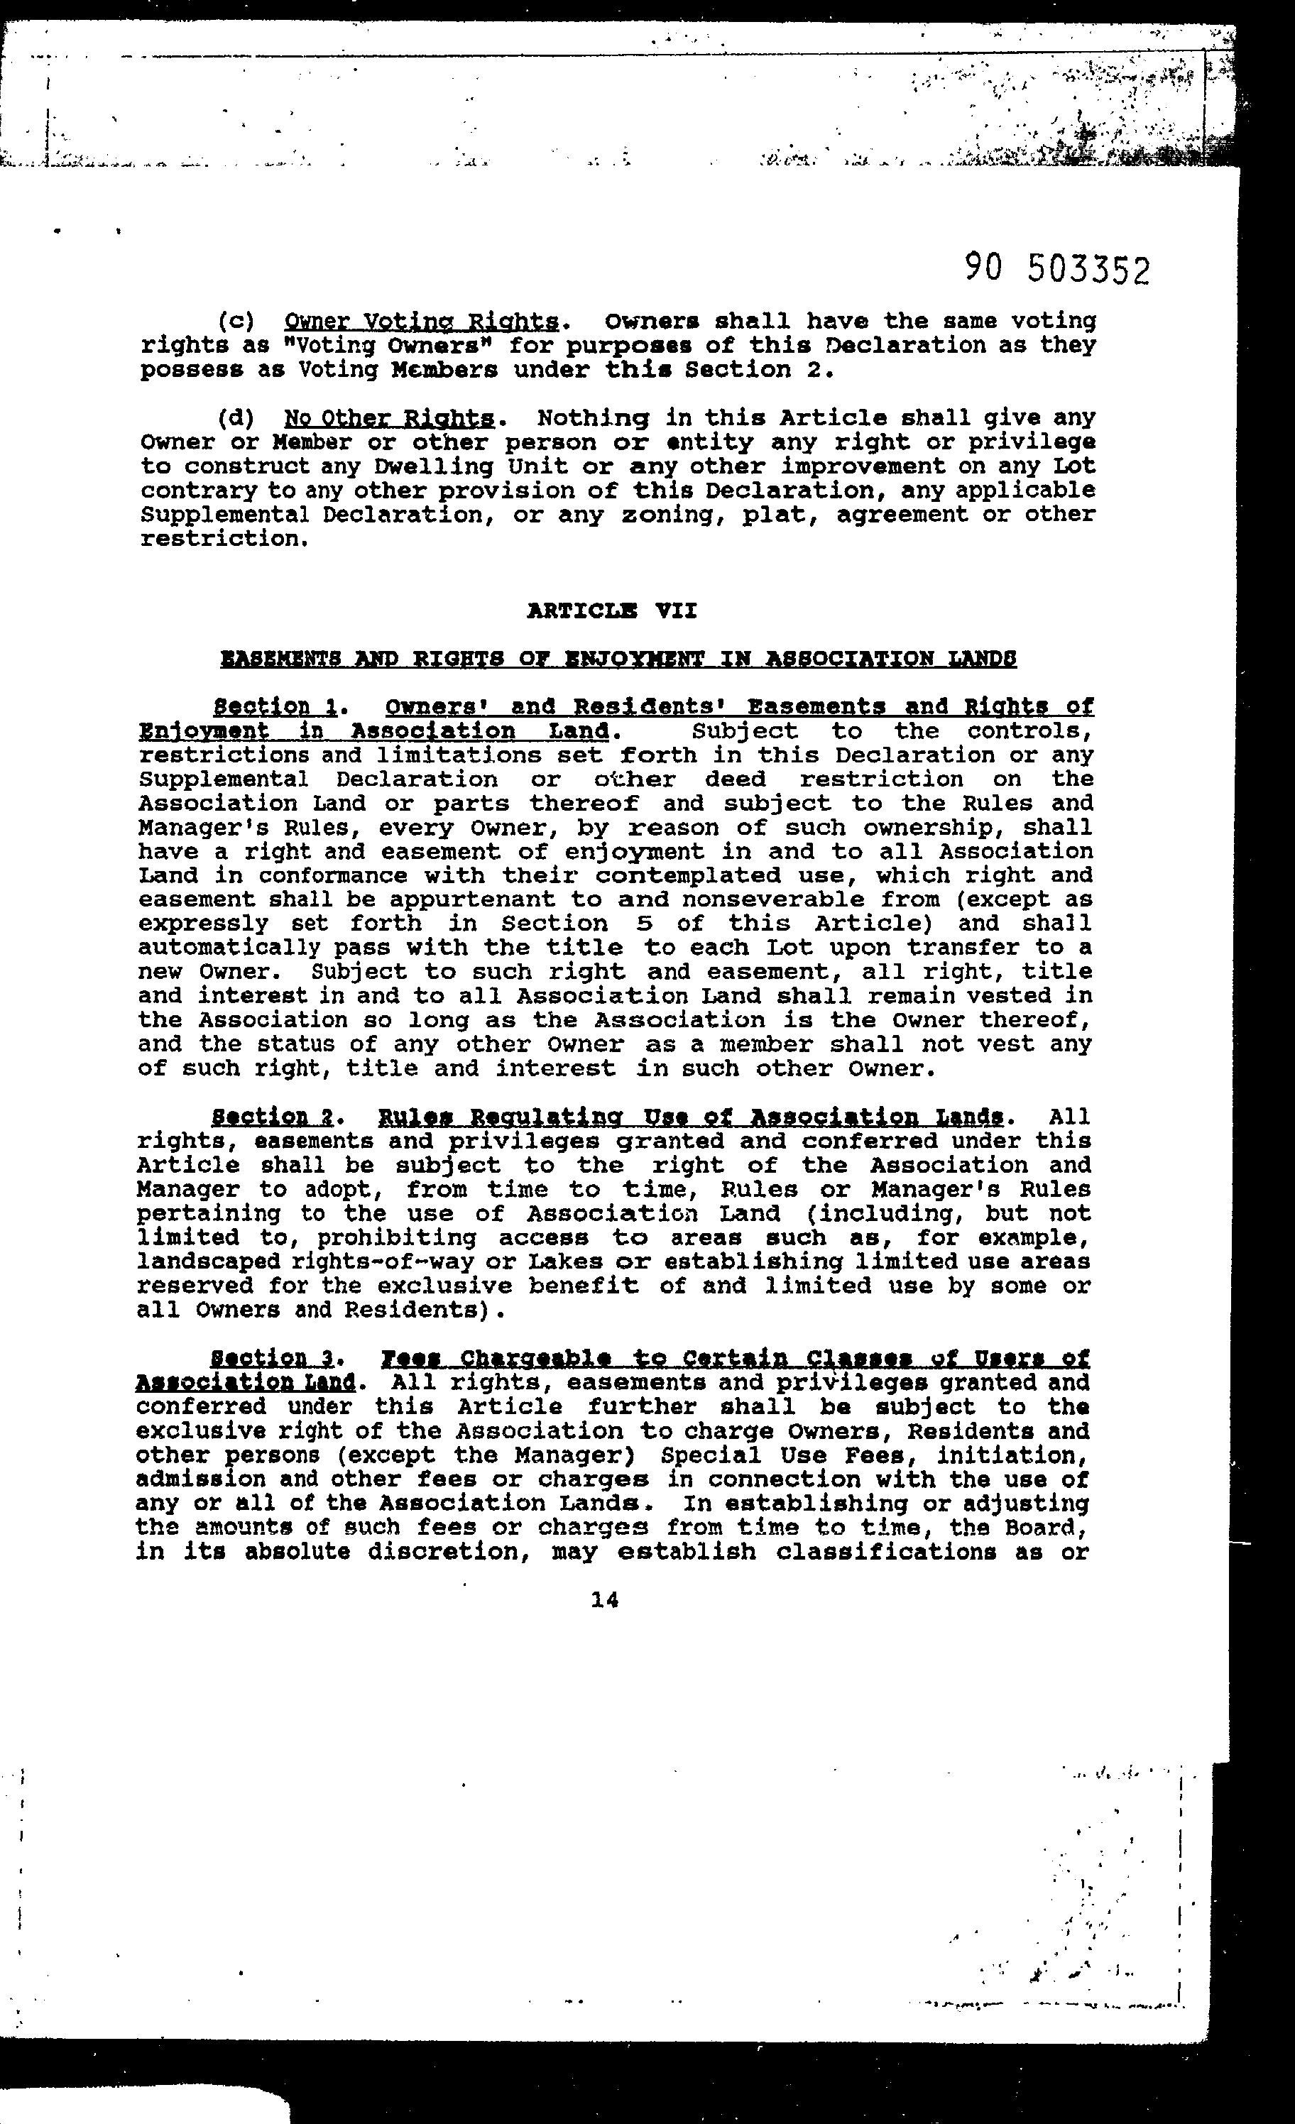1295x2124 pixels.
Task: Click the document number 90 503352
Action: pos(1057,270)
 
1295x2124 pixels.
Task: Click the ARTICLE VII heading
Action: pos(611,611)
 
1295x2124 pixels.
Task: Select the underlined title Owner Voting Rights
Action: pos(421,322)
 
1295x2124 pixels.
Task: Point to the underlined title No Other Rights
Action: pos(389,419)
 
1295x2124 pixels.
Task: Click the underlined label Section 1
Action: pos(274,707)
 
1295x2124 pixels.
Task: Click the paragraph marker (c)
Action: pos(236,322)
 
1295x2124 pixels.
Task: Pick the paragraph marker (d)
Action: pos(236,419)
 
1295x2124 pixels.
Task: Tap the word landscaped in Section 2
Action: pos(208,1262)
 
